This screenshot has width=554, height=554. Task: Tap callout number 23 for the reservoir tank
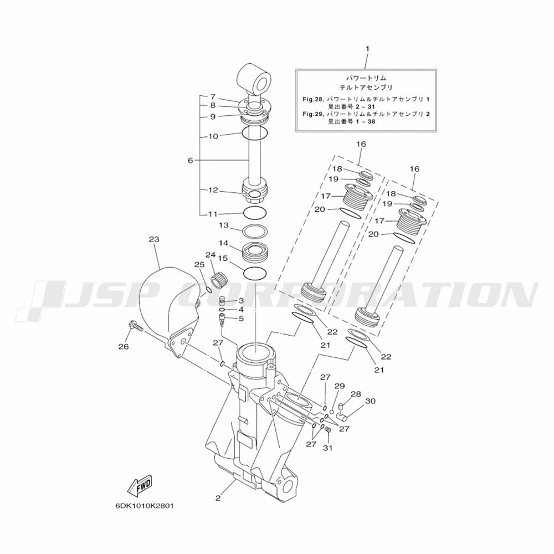tap(153, 239)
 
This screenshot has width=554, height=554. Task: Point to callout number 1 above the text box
tap(367, 48)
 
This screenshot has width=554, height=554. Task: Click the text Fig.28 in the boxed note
tap(311, 100)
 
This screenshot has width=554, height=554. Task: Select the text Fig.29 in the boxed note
tap(311, 114)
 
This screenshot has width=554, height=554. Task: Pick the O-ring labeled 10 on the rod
tap(254, 133)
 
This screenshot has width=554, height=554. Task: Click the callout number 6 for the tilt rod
tap(191, 161)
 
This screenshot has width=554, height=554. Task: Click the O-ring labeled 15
tap(255, 273)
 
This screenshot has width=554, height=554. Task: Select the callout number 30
tap(370, 401)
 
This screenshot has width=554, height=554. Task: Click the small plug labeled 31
tap(327, 430)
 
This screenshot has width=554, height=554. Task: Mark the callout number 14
tap(223, 243)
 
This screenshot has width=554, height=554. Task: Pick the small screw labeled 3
tap(223, 301)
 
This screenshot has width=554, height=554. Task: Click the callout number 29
tap(340, 386)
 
